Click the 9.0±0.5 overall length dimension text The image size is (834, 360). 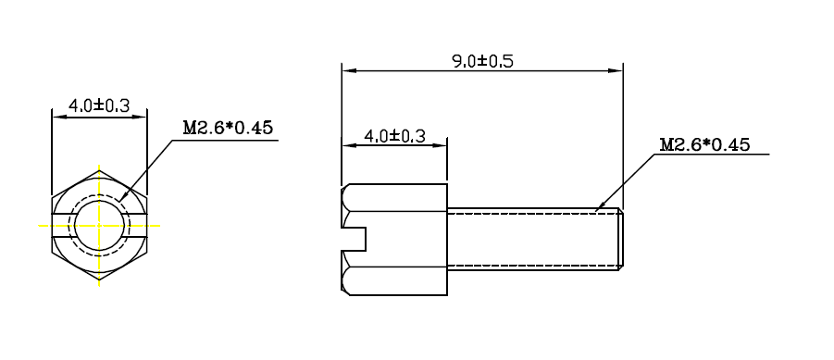click(x=482, y=61)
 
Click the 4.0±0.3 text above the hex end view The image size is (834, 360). click(x=99, y=106)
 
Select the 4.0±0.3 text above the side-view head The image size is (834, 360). click(x=394, y=137)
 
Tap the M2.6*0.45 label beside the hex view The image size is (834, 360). click(x=228, y=128)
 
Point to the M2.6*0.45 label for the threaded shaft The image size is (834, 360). click(x=704, y=144)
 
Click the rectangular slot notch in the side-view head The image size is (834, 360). click(x=355, y=239)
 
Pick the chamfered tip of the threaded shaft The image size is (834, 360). click(x=621, y=239)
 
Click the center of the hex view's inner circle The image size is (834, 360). click(x=99, y=226)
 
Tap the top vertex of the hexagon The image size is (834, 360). click(x=99, y=170)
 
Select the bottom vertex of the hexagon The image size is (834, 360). click(x=99, y=280)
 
